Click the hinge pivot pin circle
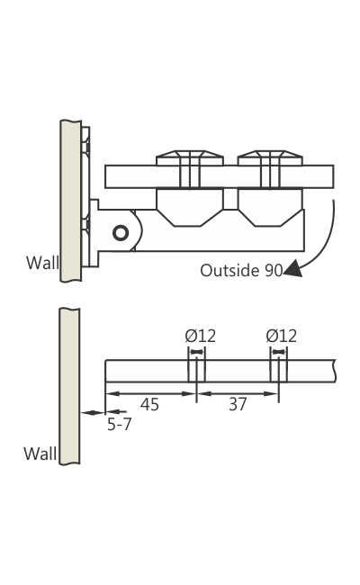coord(120,233)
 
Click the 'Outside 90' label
coord(240,270)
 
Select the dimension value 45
coord(149,405)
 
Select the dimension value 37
coord(237,405)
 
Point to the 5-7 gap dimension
coord(119,424)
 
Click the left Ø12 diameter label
coord(201,336)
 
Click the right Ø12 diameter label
coord(282,336)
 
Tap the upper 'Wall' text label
coord(42,263)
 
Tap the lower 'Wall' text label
coord(40,454)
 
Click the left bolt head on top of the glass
coord(190,159)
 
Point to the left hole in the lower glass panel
coord(197,371)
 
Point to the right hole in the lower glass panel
coord(279,371)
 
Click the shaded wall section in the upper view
coord(70,200)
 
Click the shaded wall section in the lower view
coord(69,385)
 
